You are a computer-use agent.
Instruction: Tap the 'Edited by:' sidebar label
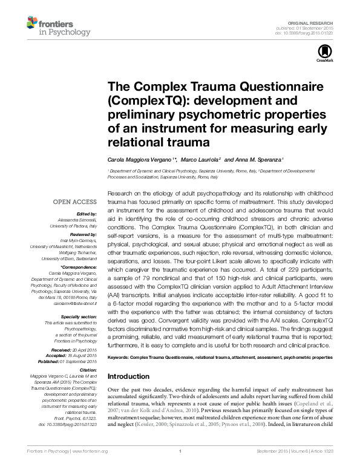(88, 214)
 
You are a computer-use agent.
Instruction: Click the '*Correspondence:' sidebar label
(80, 267)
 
